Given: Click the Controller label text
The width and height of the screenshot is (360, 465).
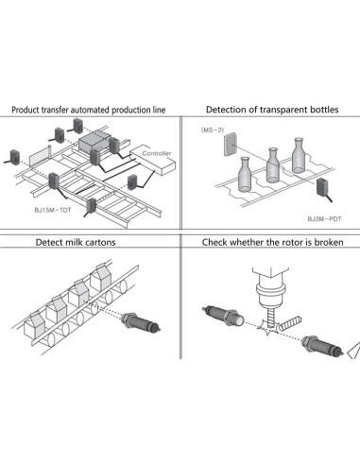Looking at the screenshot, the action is click(x=156, y=153).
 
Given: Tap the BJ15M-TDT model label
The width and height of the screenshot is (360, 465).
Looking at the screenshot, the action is click(x=53, y=210).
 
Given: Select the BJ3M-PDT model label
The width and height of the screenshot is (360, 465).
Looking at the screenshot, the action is click(x=324, y=218).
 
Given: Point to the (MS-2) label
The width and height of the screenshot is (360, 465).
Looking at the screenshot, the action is click(x=213, y=129).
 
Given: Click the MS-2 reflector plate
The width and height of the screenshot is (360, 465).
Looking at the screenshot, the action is click(x=231, y=145).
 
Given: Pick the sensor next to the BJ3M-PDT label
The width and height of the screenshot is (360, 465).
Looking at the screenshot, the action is click(x=323, y=188).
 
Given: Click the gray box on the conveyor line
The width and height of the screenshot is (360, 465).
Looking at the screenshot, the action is click(x=94, y=142).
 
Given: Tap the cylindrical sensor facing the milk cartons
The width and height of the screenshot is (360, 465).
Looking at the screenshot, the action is click(x=141, y=322).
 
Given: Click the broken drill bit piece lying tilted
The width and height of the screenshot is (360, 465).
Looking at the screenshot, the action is click(x=290, y=323).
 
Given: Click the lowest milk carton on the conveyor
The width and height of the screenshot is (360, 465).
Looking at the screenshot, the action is click(x=35, y=325).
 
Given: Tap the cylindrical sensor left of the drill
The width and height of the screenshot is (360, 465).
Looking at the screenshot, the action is click(x=223, y=316).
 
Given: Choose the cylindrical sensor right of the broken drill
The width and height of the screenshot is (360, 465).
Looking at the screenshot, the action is click(x=322, y=345).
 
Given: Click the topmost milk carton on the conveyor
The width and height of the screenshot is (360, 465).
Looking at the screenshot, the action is click(x=100, y=278).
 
